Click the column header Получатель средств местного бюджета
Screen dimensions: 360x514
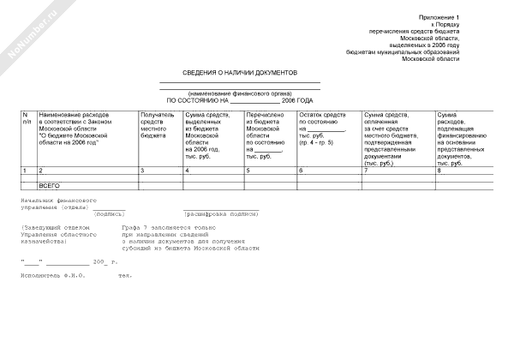(158, 125)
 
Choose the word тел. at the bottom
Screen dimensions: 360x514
(124, 275)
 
